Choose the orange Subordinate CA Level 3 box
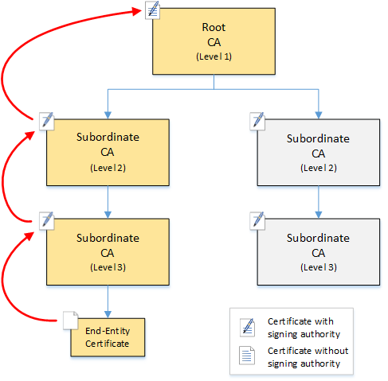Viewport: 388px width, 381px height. point(108,252)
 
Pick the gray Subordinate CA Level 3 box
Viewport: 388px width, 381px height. point(318,252)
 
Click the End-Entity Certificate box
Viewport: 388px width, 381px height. point(108,337)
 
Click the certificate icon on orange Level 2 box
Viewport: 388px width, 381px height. point(47,119)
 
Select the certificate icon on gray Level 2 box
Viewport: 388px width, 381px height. point(257,120)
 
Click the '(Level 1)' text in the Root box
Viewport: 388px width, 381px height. point(213,58)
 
